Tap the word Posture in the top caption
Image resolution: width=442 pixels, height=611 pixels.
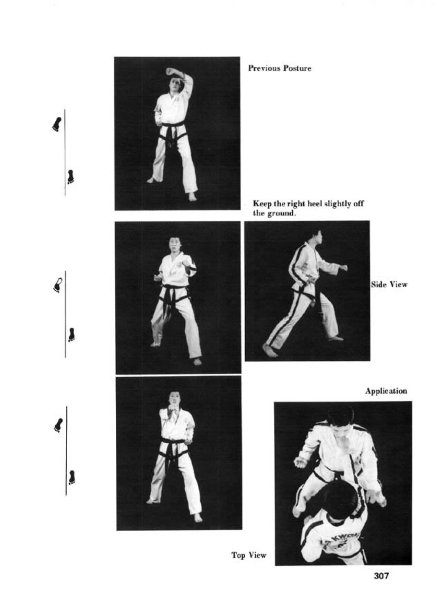pyautogui.click(x=297, y=68)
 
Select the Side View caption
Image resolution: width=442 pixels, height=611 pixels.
pyautogui.click(x=389, y=285)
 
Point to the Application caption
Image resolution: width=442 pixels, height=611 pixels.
pyautogui.click(x=386, y=391)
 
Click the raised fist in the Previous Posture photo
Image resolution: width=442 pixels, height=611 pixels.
pyautogui.click(x=171, y=72)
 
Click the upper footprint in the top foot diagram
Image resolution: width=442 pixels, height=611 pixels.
pyautogui.click(x=57, y=124)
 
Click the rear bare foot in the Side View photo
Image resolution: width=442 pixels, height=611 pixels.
pyautogui.click(x=269, y=350)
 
